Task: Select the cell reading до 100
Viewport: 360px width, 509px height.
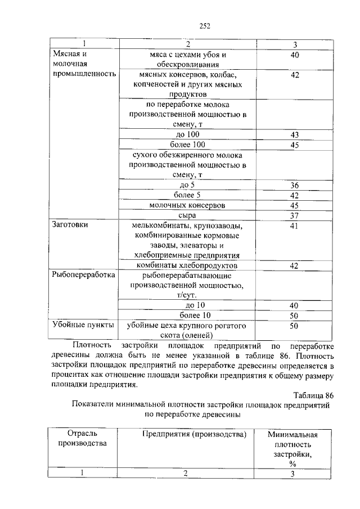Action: tap(187, 135)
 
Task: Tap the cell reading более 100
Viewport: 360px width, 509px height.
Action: tap(187, 145)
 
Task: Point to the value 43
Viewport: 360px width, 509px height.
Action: tap(294, 135)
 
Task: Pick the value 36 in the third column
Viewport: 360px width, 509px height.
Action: tap(294, 186)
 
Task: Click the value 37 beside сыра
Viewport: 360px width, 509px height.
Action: tap(294, 215)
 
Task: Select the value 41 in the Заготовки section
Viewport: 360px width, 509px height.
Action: tap(294, 226)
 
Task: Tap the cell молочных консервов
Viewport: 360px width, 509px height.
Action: tap(187, 205)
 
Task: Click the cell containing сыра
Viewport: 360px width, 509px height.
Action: tap(187, 215)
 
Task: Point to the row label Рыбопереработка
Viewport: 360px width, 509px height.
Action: tap(83, 276)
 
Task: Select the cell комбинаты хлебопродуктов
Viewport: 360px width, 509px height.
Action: tap(187, 265)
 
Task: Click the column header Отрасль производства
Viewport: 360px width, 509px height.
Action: tap(83, 439)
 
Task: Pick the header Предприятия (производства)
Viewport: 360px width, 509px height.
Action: tap(195, 434)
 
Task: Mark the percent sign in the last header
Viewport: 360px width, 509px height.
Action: tap(292, 463)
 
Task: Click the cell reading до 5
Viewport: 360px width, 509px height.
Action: tap(187, 186)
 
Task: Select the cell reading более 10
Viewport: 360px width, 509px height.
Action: tap(187, 315)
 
